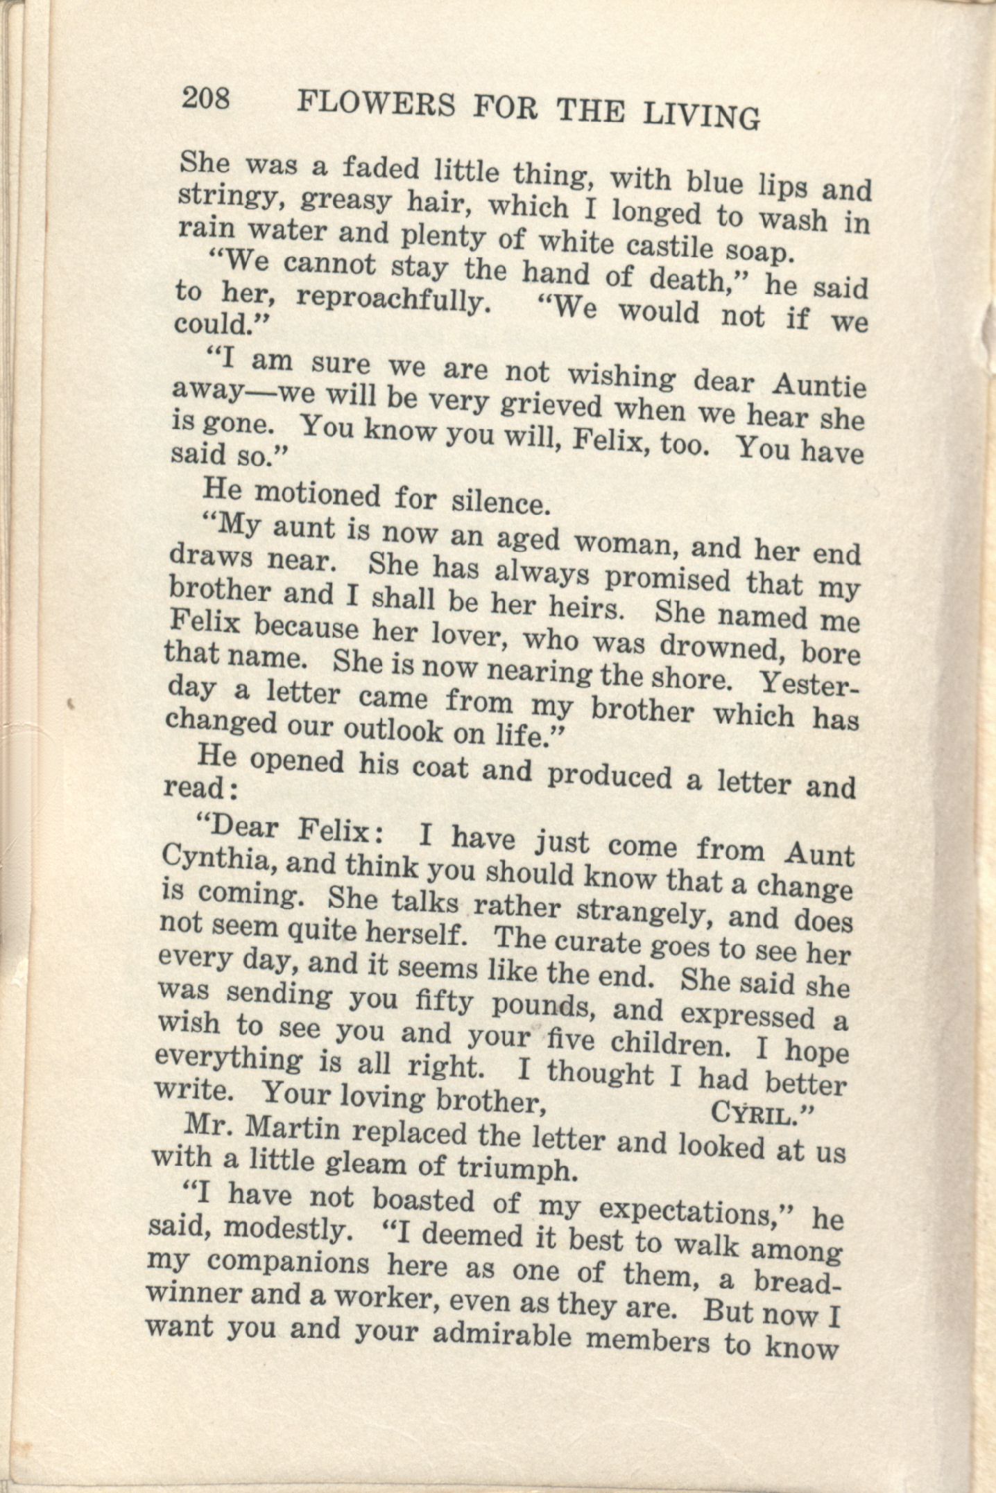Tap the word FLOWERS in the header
[376, 105]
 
